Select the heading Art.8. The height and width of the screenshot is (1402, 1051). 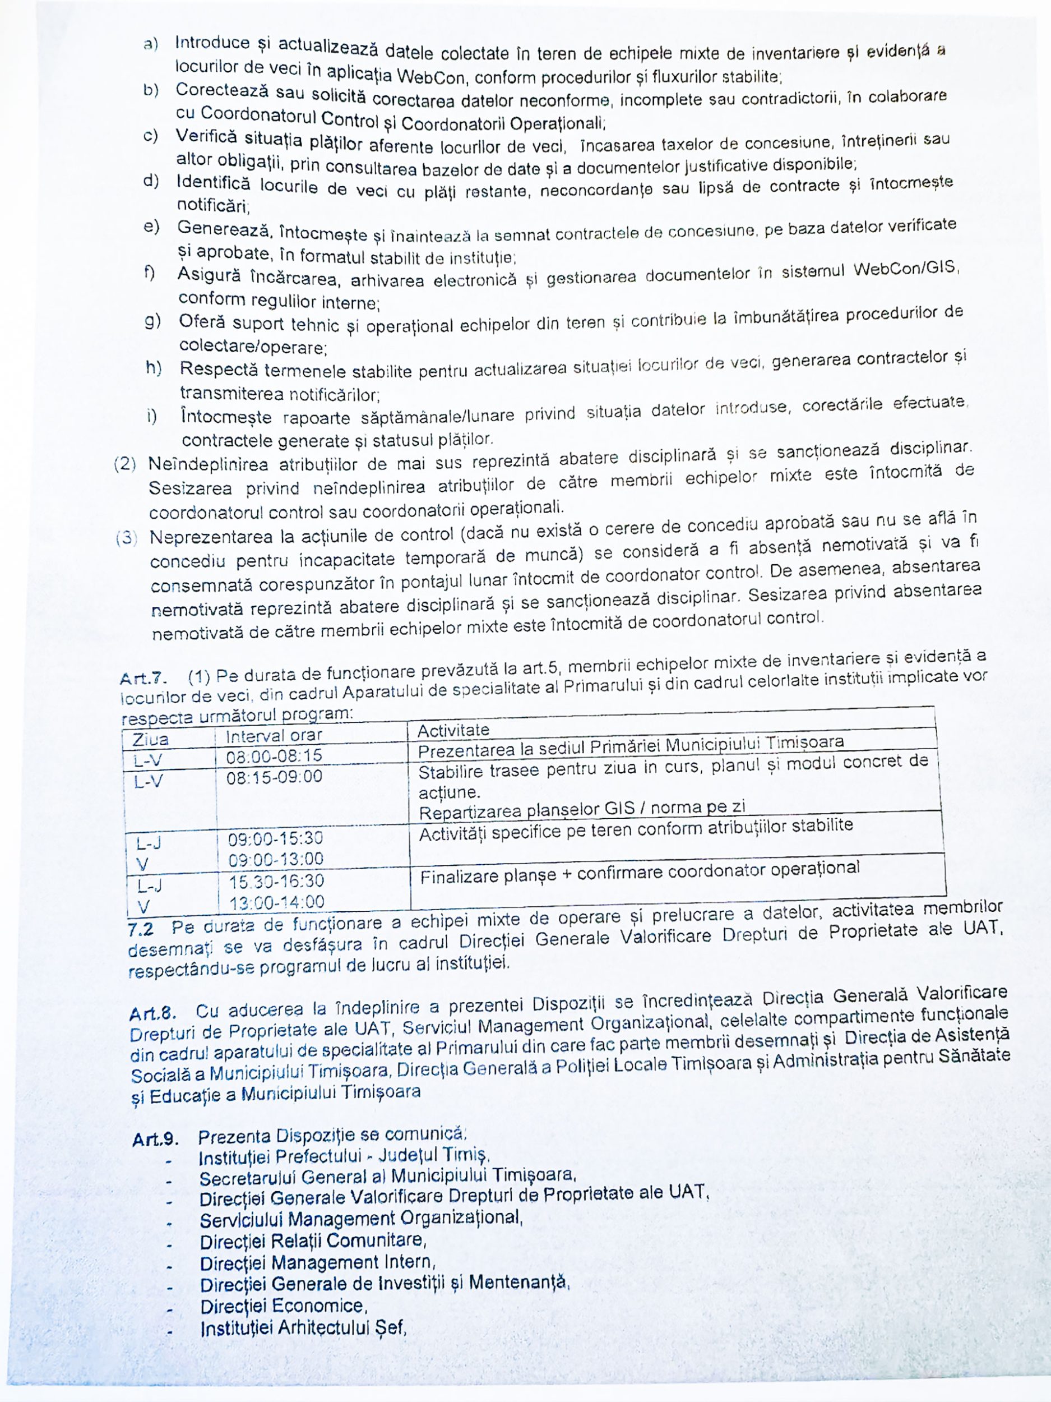pos(152,1013)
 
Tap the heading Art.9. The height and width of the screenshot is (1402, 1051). pos(155,1140)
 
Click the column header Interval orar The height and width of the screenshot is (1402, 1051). pos(274,736)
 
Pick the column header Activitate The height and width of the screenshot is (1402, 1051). pos(453,730)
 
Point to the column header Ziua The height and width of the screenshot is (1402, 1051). pos(150,740)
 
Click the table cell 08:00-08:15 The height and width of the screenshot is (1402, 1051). pos(274,755)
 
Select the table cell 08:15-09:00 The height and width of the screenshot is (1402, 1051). pos(274,777)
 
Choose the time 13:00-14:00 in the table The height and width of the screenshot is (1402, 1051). pos(277,902)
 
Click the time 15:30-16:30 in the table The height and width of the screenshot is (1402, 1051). pos(276,880)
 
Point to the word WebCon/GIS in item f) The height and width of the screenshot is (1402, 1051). pos(905,269)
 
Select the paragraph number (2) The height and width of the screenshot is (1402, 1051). pos(125,464)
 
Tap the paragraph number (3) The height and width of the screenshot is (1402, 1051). pos(127,538)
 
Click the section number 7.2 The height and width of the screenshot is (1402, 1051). pos(140,929)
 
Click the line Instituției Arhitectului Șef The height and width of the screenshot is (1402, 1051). pos(303,1327)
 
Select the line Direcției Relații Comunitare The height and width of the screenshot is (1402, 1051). pos(313,1240)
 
